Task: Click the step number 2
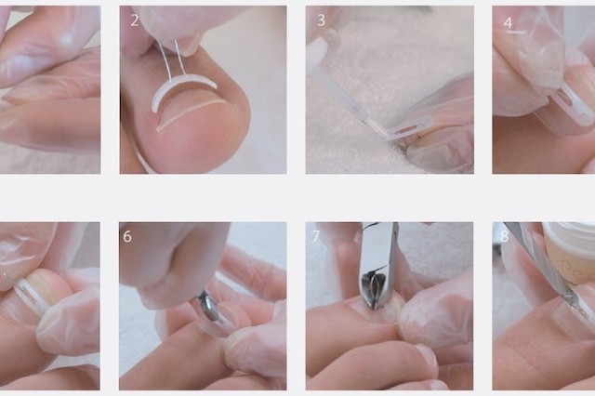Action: click(134, 20)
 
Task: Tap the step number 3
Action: click(321, 20)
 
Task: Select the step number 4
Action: click(508, 23)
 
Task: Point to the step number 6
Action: click(127, 236)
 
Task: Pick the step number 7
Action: click(316, 236)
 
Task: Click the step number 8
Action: click(504, 236)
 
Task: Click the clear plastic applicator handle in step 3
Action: click(337, 95)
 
